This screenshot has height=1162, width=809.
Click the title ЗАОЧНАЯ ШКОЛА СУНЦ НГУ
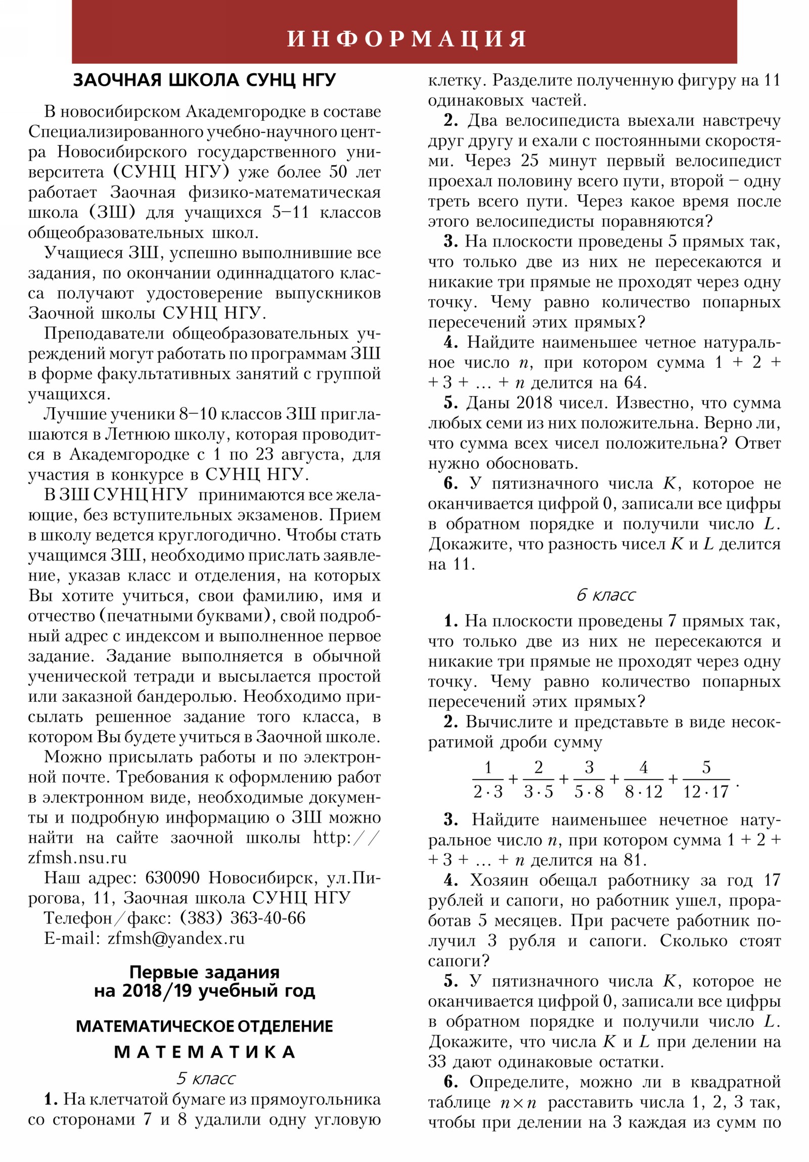tap(205, 80)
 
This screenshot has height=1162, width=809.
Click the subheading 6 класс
tap(605, 595)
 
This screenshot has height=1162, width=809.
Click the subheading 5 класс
tap(205, 1079)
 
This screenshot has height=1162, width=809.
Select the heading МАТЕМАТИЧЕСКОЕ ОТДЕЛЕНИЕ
tap(205, 1026)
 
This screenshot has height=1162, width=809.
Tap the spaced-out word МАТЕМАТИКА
tap(205, 1052)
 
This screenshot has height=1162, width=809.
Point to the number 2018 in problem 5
tap(533, 403)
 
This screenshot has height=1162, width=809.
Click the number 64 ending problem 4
tap(633, 382)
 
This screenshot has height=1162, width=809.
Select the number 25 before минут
tap(529, 161)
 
